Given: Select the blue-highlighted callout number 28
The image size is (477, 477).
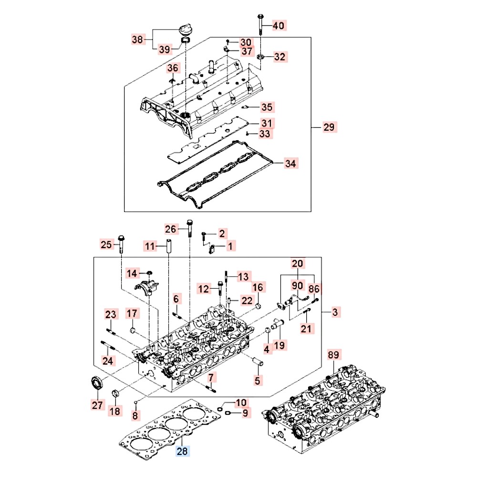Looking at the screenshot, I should coord(184,451).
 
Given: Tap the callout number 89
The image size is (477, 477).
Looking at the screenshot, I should coord(334,355).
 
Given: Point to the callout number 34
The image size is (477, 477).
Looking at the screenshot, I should coord(290,164).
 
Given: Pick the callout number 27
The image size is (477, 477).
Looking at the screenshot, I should coord(97,405).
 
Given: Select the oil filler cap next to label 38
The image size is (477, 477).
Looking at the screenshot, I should coord(184,30).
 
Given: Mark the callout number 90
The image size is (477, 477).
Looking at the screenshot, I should coord(298,286).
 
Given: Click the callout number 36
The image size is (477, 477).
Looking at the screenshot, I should coord(172,69).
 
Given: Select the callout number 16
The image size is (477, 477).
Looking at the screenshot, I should coord(258,288).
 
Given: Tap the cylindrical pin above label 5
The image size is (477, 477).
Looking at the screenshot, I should coord(259,362).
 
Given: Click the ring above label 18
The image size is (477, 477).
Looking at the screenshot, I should coord(114,394).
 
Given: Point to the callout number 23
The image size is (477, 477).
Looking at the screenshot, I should coord(111,314).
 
